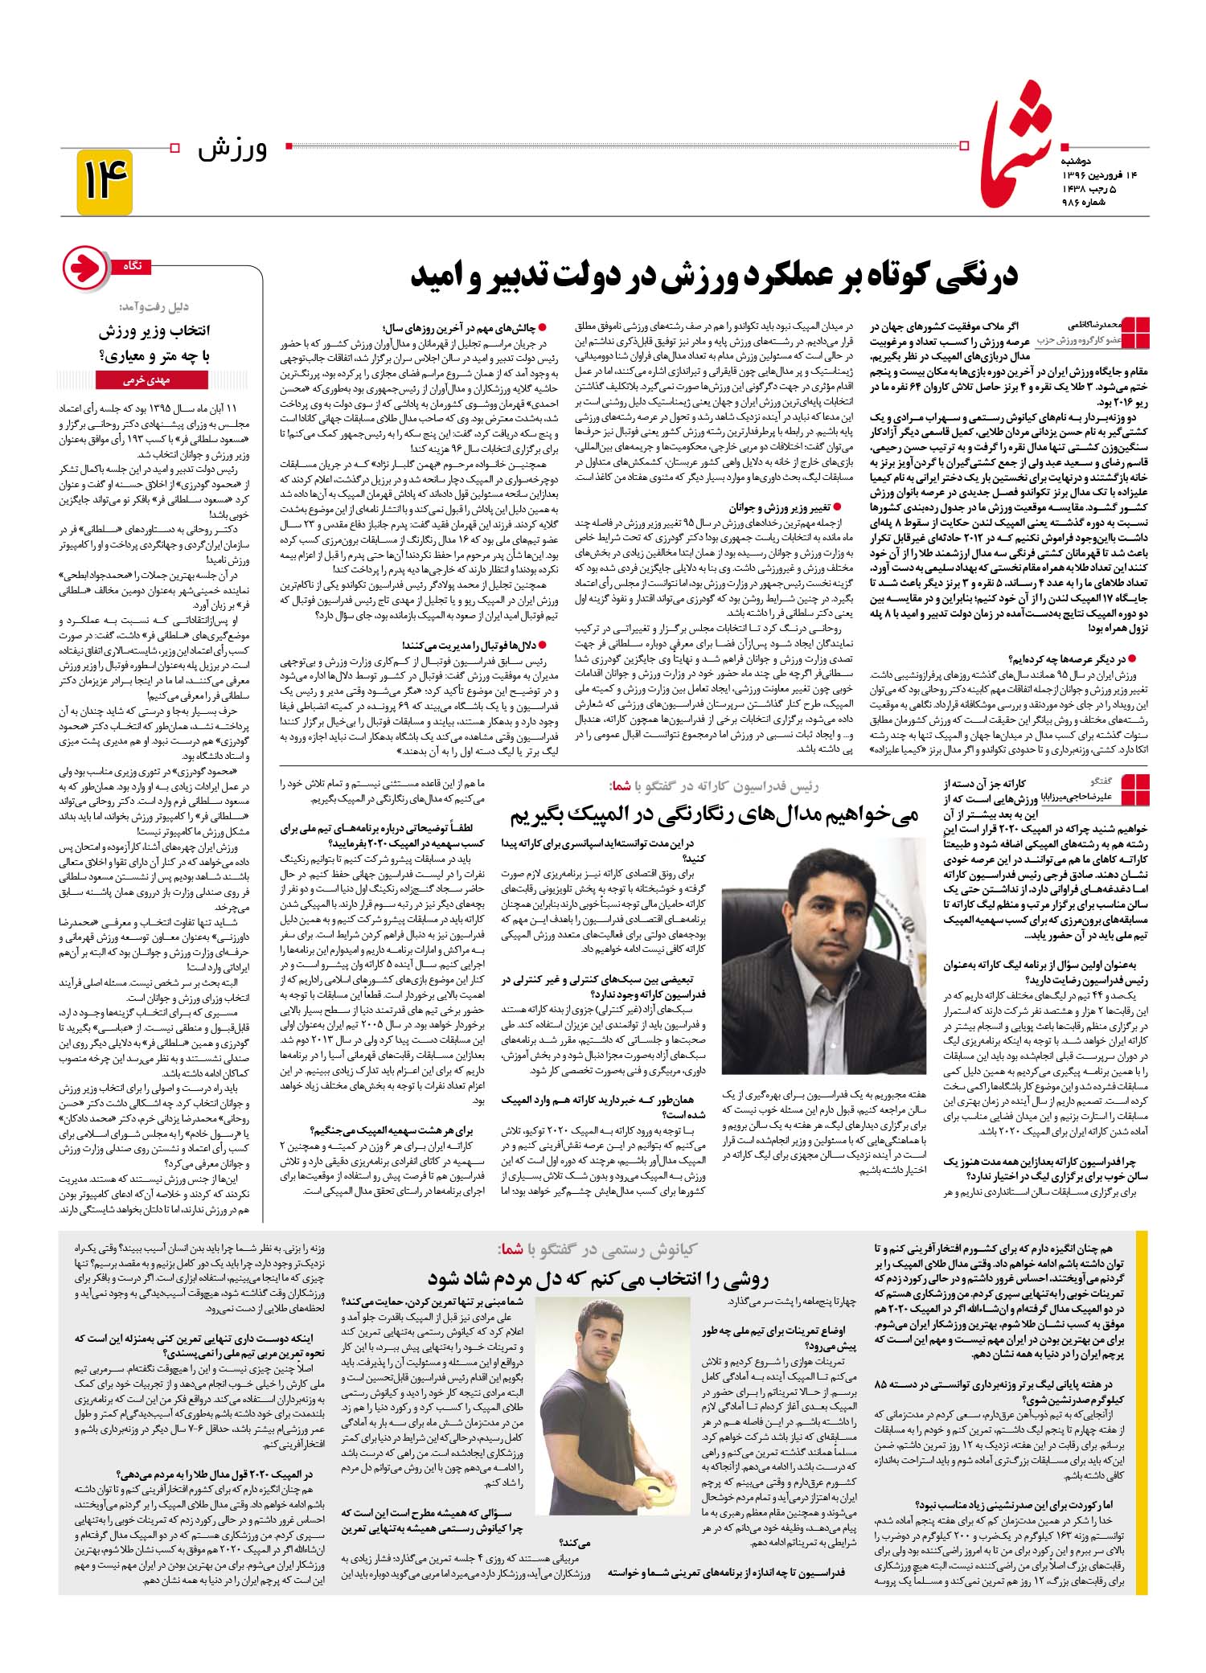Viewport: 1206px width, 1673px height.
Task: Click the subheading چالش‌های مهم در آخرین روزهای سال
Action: click(x=461, y=328)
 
